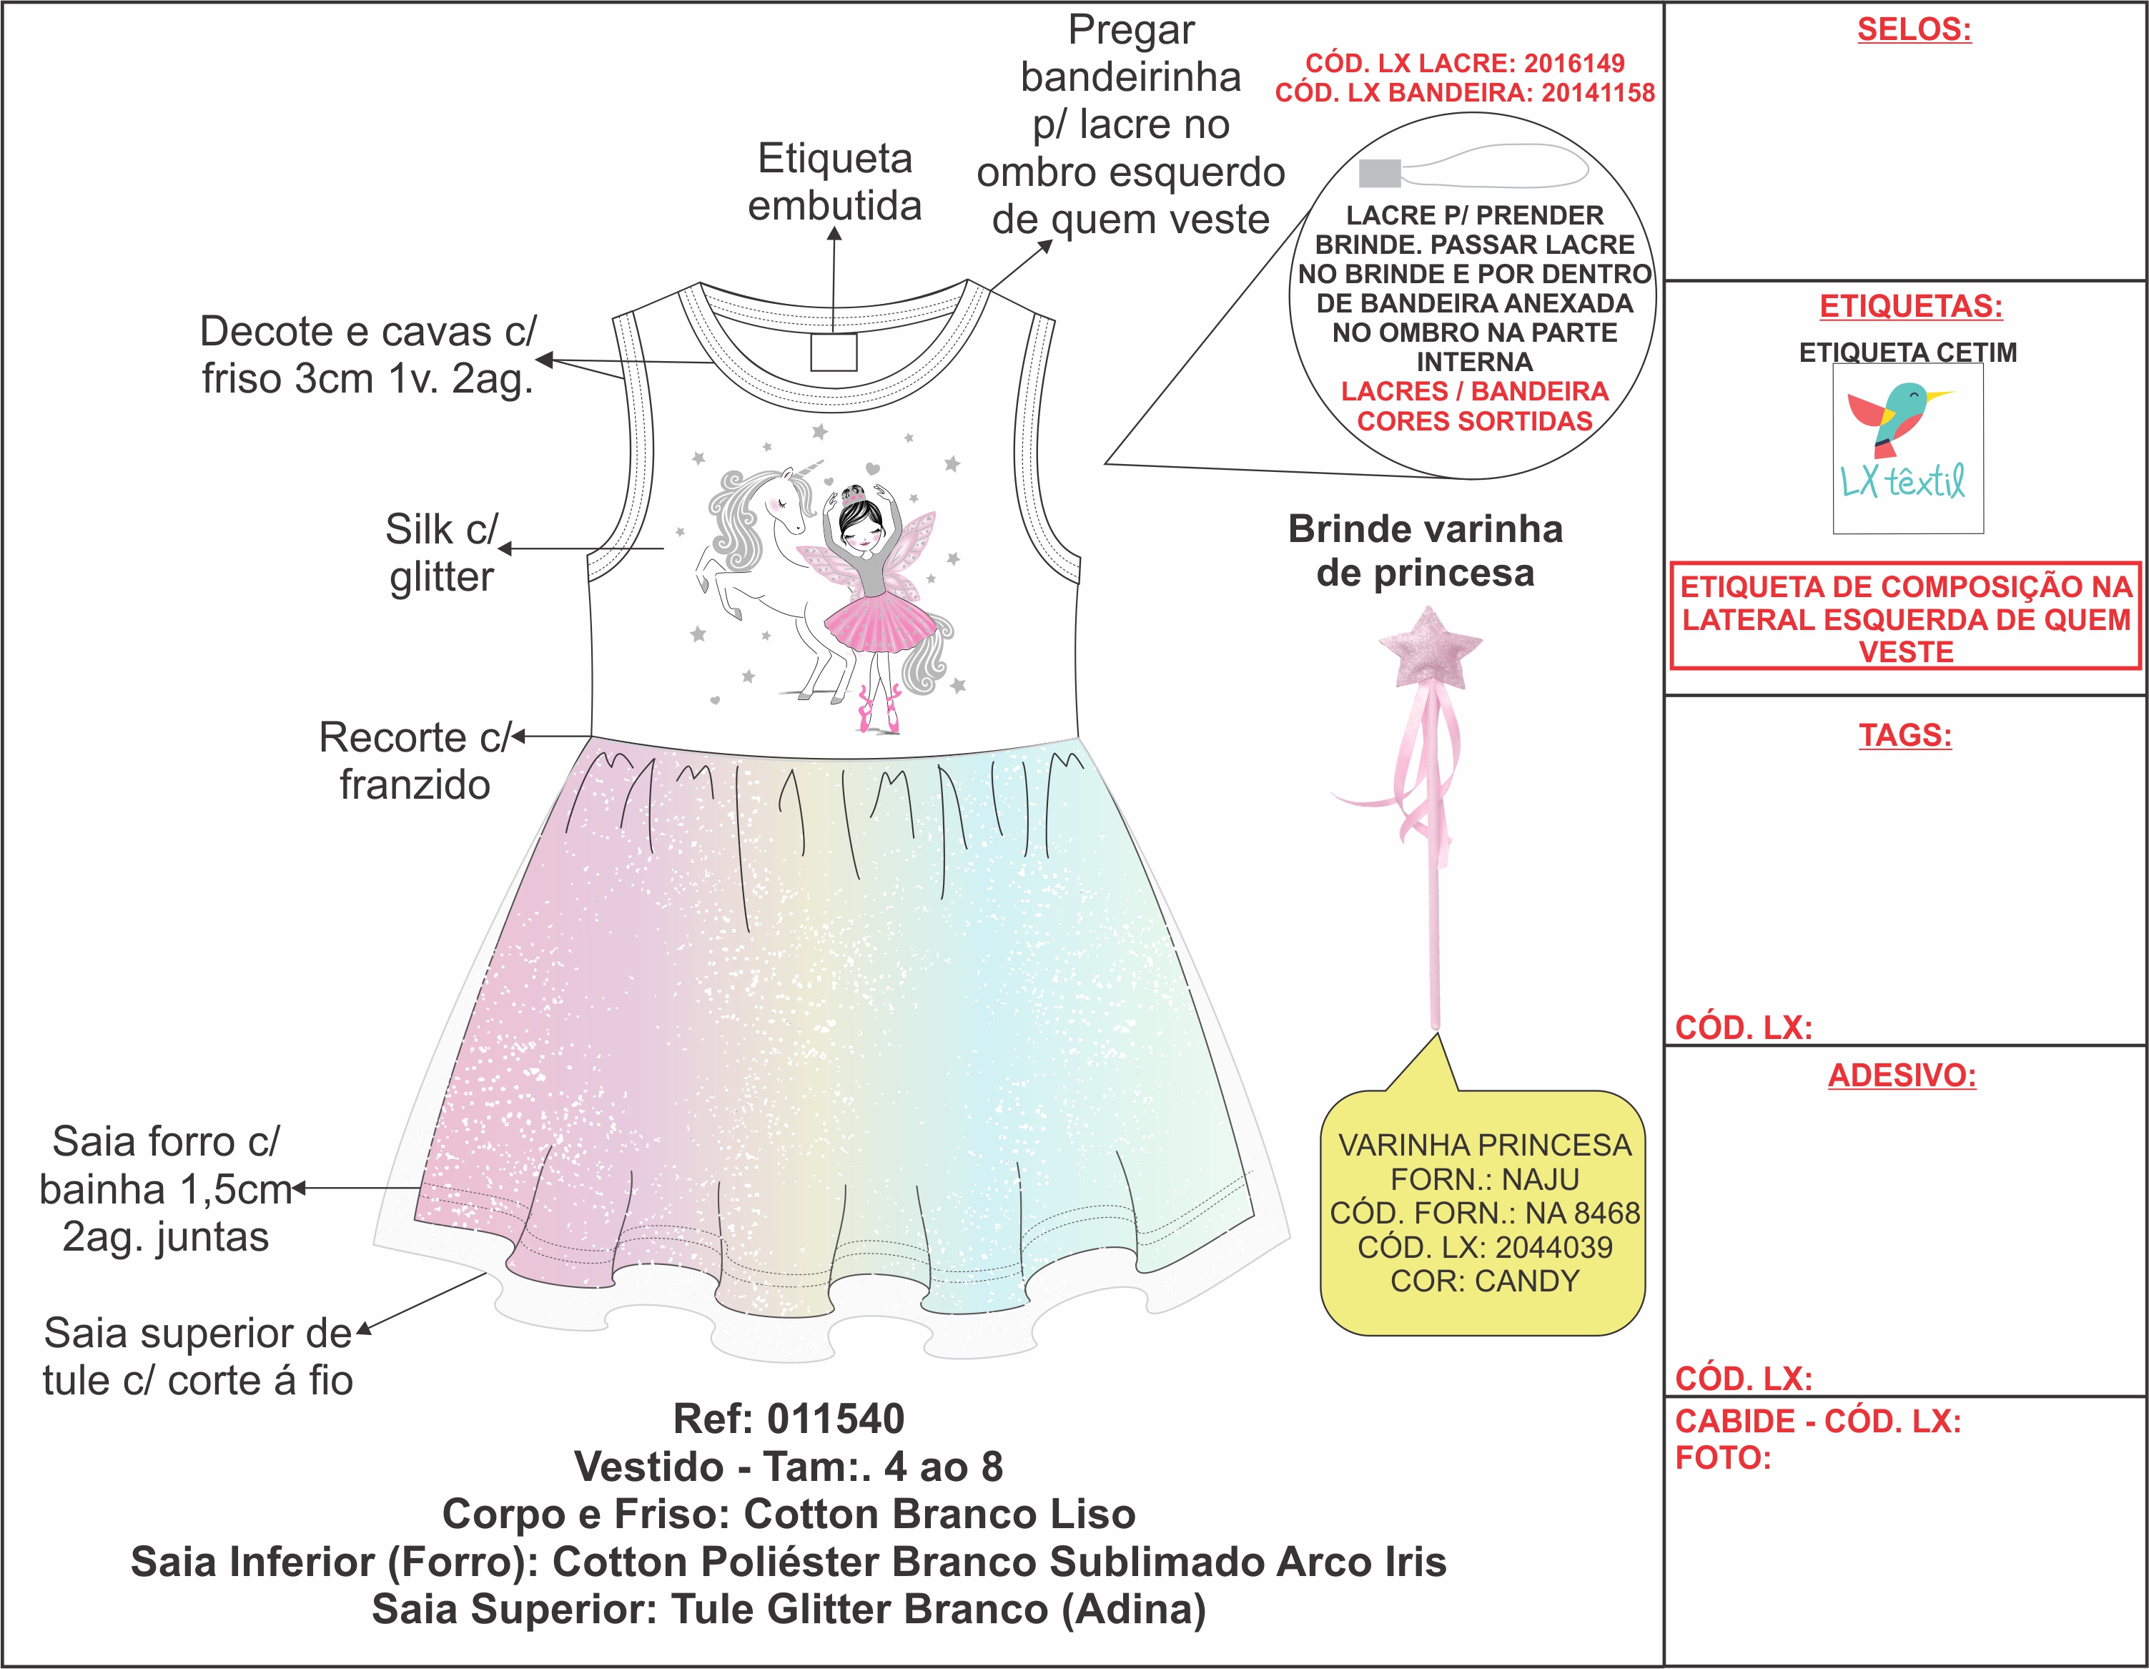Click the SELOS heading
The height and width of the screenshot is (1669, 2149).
pos(1914,29)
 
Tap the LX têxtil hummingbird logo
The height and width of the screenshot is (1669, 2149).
pos(1907,448)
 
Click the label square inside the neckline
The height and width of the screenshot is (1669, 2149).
pos(834,351)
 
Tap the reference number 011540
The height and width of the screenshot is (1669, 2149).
pos(836,1419)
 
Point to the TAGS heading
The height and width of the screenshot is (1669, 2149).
pos(1905,735)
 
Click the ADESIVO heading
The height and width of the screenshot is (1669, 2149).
pos(1902,1075)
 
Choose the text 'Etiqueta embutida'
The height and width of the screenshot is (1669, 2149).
pos(834,182)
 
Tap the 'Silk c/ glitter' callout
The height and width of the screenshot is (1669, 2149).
pos(442,553)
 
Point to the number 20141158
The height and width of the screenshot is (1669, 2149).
pos(1598,92)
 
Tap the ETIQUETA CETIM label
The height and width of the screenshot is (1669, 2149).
pos(1907,353)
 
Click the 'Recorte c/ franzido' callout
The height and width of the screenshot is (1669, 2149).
pos(415,761)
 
